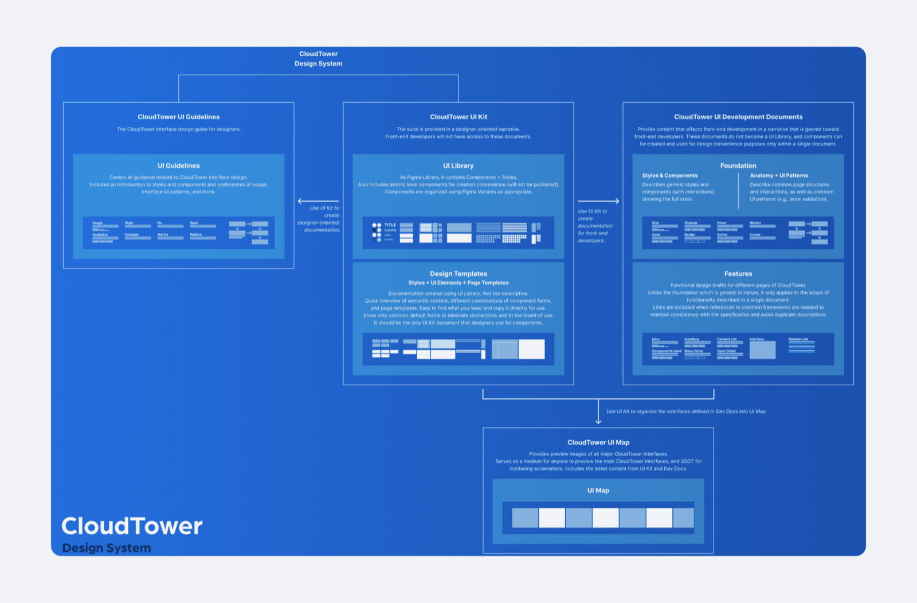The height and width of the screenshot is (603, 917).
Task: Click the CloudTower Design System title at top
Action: click(318, 58)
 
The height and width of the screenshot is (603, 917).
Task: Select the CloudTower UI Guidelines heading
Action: click(178, 117)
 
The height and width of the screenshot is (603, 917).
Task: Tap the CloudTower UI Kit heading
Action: click(458, 117)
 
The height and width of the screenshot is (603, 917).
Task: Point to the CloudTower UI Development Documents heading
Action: click(738, 117)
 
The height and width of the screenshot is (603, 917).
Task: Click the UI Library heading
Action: click(458, 166)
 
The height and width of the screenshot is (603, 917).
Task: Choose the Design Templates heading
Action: click(458, 274)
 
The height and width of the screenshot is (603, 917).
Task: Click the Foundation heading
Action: click(738, 166)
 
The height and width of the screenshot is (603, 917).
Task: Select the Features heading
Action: click(738, 274)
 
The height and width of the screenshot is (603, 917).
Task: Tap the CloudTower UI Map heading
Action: click(598, 443)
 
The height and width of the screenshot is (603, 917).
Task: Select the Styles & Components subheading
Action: click(670, 176)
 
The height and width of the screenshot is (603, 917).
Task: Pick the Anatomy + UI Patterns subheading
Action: click(779, 176)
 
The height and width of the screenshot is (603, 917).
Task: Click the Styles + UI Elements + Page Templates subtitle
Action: click(458, 283)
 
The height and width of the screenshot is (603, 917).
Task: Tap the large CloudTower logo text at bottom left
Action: click(132, 526)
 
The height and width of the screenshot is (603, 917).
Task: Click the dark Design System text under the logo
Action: click(107, 548)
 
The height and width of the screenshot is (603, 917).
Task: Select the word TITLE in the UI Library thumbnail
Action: click(390, 225)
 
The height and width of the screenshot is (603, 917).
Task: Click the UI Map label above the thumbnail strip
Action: click(598, 491)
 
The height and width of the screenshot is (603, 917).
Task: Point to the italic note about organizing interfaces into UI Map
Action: click(686, 412)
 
